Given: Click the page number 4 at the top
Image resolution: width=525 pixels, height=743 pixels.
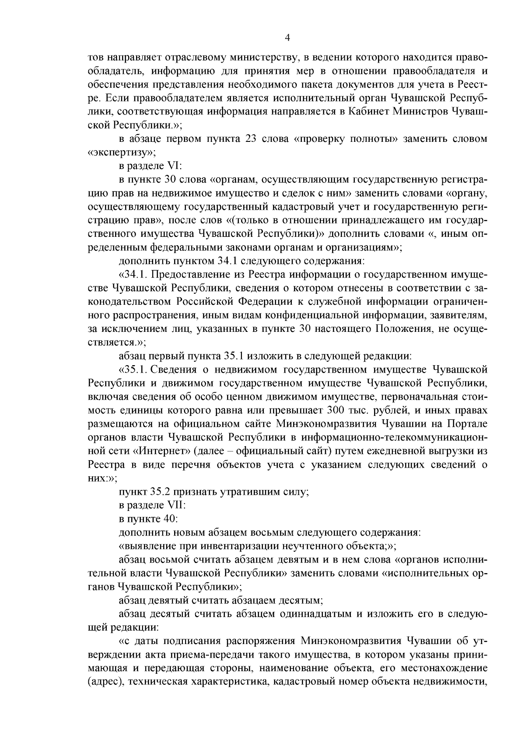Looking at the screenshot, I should (287, 38).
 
